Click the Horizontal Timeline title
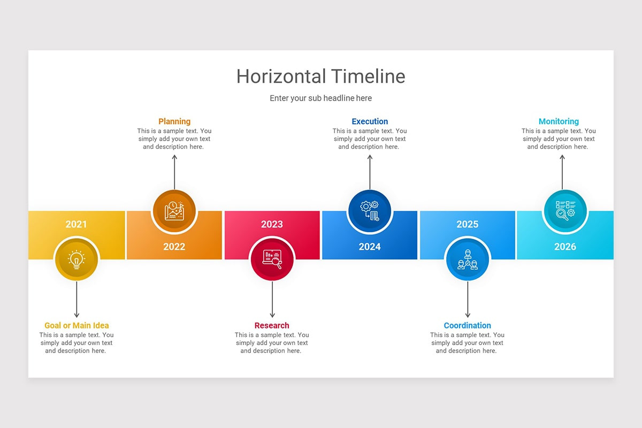tap(320, 77)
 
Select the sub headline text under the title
tap(320, 98)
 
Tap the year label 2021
tap(76, 224)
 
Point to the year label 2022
tap(174, 247)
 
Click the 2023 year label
tap(272, 224)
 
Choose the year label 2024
tap(370, 247)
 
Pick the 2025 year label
tap(467, 224)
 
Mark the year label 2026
tap(565, 247)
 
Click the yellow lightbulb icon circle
tap(77, 259)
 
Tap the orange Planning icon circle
tap(174, 211)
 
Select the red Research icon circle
tap(272, 259)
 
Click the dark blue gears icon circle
tap(370, 211)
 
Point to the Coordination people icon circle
tap(468, 259)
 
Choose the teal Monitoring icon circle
tap(565, 211)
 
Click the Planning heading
tap(174, 121)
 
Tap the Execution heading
tap(370, 121)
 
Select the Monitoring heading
tap(559, 121)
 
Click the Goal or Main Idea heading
tap(77, 325)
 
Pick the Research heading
tap(272, 325)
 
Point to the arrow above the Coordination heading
tap(468, 300)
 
